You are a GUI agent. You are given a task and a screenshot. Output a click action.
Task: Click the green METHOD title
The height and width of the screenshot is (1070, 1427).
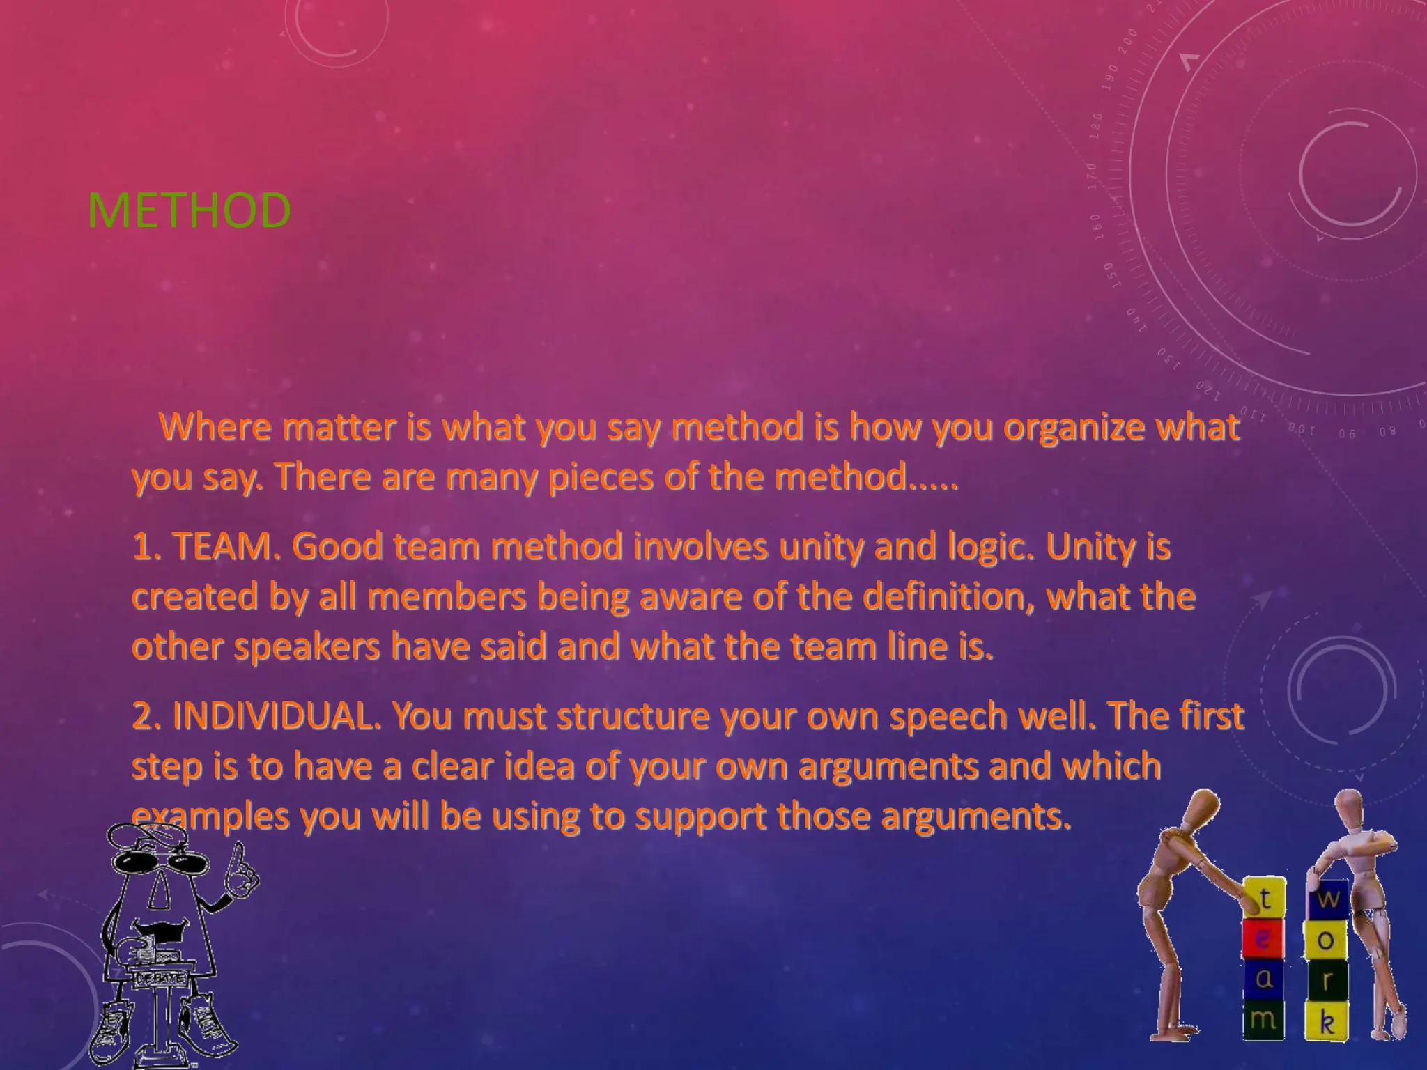pos(189,210)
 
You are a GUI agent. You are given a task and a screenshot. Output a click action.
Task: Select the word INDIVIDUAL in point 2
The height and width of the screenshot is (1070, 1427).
pos(272,715)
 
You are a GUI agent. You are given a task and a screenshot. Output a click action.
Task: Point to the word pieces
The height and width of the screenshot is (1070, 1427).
pos(600,478)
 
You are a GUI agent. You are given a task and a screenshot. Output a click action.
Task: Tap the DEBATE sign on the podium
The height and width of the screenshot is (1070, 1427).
pos(161,979)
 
